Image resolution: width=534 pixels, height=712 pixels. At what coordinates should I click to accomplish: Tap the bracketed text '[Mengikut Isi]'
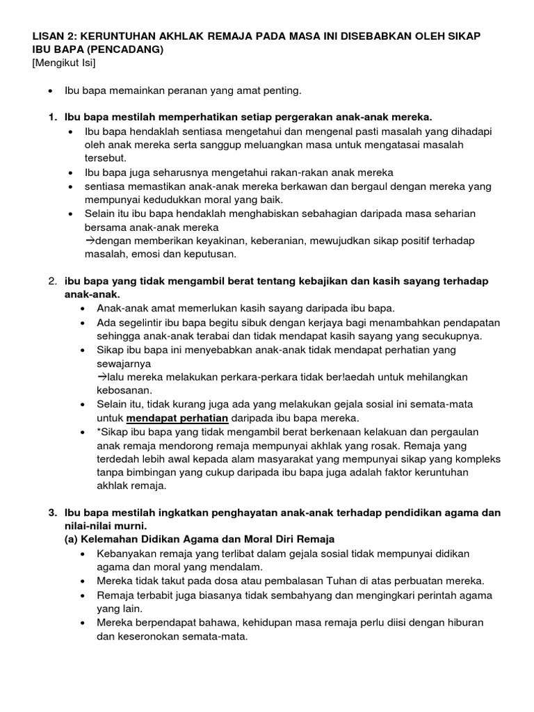[63, 64]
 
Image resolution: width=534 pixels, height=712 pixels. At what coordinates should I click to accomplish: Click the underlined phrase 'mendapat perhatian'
[170, 418]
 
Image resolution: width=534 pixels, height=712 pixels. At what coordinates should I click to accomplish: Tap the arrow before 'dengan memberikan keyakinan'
[90, 241]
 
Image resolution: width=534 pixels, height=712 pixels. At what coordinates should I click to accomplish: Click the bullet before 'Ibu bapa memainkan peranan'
[52, 91]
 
